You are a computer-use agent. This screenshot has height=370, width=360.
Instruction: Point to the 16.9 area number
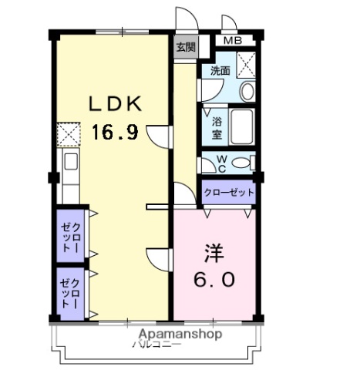(115, 133)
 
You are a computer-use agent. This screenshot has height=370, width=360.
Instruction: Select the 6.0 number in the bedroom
(214, 279)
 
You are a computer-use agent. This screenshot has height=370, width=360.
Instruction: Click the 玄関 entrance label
(185, 47)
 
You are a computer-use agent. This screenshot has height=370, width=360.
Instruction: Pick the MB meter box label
(232, 41)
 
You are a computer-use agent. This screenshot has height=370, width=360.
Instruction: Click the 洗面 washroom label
(220, 70)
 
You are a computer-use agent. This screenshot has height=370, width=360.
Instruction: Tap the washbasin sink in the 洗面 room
(247, 92)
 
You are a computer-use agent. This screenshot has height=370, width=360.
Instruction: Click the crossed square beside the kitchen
(68, 134)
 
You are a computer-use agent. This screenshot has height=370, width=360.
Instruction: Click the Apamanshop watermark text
(180, 335)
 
